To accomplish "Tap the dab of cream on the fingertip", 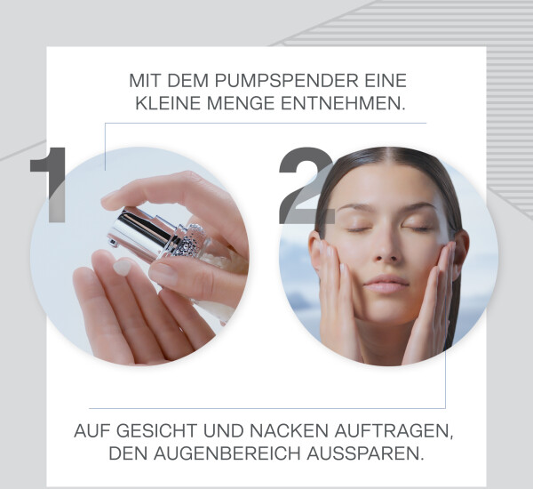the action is pyautogui.click(x=122, y=267).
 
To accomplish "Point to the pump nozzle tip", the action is pyautogui.click(x=113, y=242).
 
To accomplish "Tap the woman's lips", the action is pyautogui.click(x=386, y=284).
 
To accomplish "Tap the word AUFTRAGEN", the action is pyautogui.click(x=394, y=431).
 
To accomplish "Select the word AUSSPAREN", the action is pyautogui.click(x=365, y=453).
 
